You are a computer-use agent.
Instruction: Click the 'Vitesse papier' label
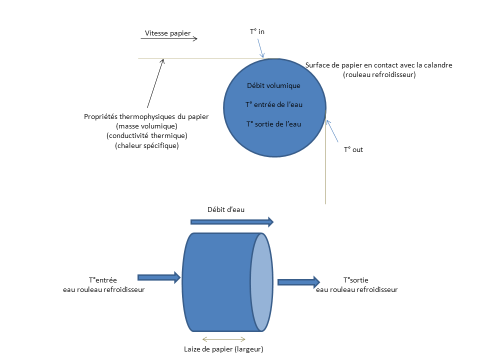[x=168, y=33]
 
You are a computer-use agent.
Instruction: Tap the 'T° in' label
[x=257, y=31]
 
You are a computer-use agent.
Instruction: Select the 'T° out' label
[x=353, y=149]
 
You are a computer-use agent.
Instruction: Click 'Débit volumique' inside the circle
[x=273, y=85]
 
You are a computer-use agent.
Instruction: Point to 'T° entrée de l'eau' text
[x=273, y=104]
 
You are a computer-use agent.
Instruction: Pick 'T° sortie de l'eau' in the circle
[x=273, y=123]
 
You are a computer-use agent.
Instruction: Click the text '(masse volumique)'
[x=146, y=126]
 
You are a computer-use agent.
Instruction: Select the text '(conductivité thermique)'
[x=146, y=136]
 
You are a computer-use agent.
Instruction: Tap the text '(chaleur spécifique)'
[x=146, y=146]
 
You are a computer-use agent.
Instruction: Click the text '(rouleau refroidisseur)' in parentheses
[x=379, y=74]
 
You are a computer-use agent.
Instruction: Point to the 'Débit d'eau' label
[x=226, y=209]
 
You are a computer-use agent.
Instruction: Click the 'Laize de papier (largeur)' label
[x=223, y=348]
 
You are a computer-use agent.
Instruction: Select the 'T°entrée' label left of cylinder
[x=102, y=280]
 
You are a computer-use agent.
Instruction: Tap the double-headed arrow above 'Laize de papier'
[x=223, y=339]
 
